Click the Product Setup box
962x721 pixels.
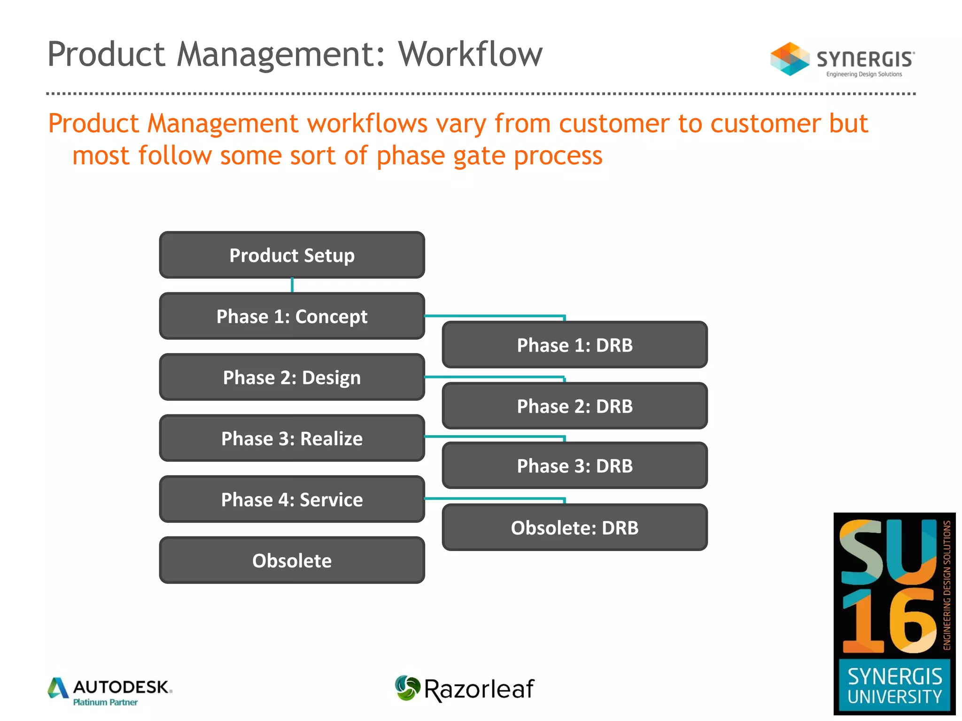point(292,255)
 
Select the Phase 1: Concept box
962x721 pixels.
point(292,316)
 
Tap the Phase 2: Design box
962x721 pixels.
point(292,377)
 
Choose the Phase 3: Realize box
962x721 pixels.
point(292,438)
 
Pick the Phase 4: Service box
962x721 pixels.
point(292,499)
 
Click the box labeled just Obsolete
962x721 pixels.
point(292,560)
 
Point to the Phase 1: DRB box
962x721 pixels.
point(574,345)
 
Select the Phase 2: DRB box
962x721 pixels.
point(574,406)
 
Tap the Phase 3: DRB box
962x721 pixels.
point(574,465)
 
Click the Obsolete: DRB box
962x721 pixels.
point(574,527)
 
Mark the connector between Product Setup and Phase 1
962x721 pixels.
point(292,285)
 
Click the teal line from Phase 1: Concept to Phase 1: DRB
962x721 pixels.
point(493,316)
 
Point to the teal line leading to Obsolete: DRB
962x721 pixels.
point(493,499)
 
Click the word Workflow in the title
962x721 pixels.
point(470,54)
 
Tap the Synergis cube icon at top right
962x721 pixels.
point(790,59)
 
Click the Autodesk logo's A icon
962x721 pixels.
point(58,688)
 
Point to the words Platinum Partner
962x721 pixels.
point(105,702)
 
